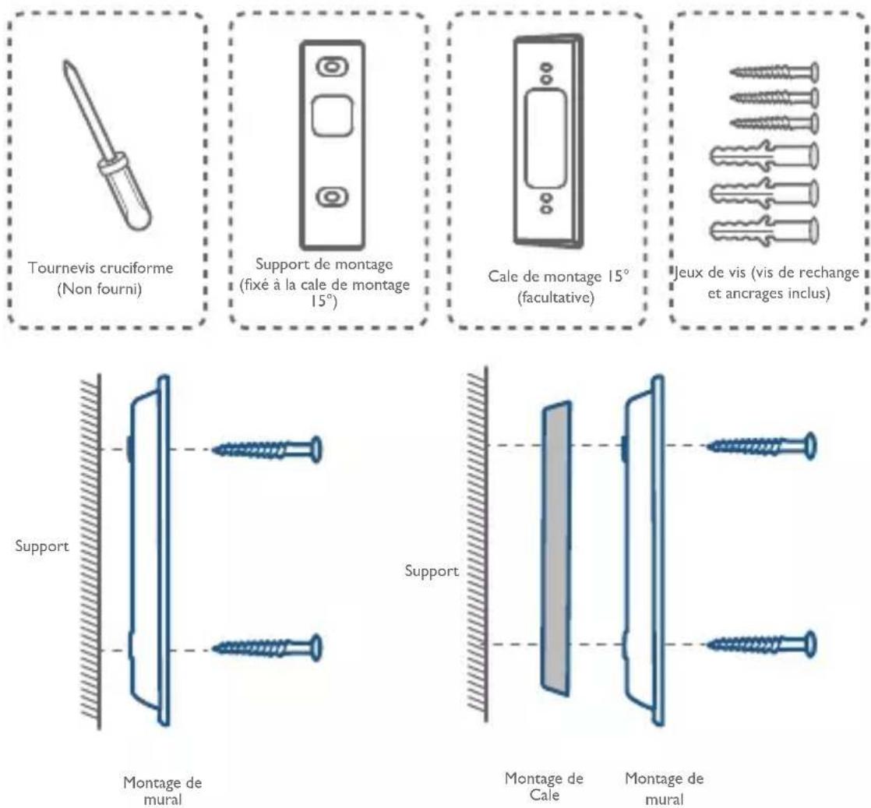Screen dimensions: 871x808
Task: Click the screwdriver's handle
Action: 125,190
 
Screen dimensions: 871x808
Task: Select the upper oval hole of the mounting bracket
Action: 332,67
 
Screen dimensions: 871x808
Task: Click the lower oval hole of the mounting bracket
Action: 332,197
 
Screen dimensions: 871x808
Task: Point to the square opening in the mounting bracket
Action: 332,115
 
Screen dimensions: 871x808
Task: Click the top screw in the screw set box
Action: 774,72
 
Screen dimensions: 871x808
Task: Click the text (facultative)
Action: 556,298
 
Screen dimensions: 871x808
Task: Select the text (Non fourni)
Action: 100,289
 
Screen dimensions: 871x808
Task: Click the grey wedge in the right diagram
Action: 556,549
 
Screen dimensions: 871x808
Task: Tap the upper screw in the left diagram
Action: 267,449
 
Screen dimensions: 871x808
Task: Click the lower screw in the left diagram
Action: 267,647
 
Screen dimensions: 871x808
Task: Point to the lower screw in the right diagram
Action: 761,644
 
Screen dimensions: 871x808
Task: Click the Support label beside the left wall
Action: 42,546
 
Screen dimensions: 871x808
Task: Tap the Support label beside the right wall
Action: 432,571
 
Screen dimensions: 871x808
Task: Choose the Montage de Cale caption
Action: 544,786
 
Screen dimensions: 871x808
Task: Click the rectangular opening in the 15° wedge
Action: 546,139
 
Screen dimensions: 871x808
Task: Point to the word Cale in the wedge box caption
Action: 502,277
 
